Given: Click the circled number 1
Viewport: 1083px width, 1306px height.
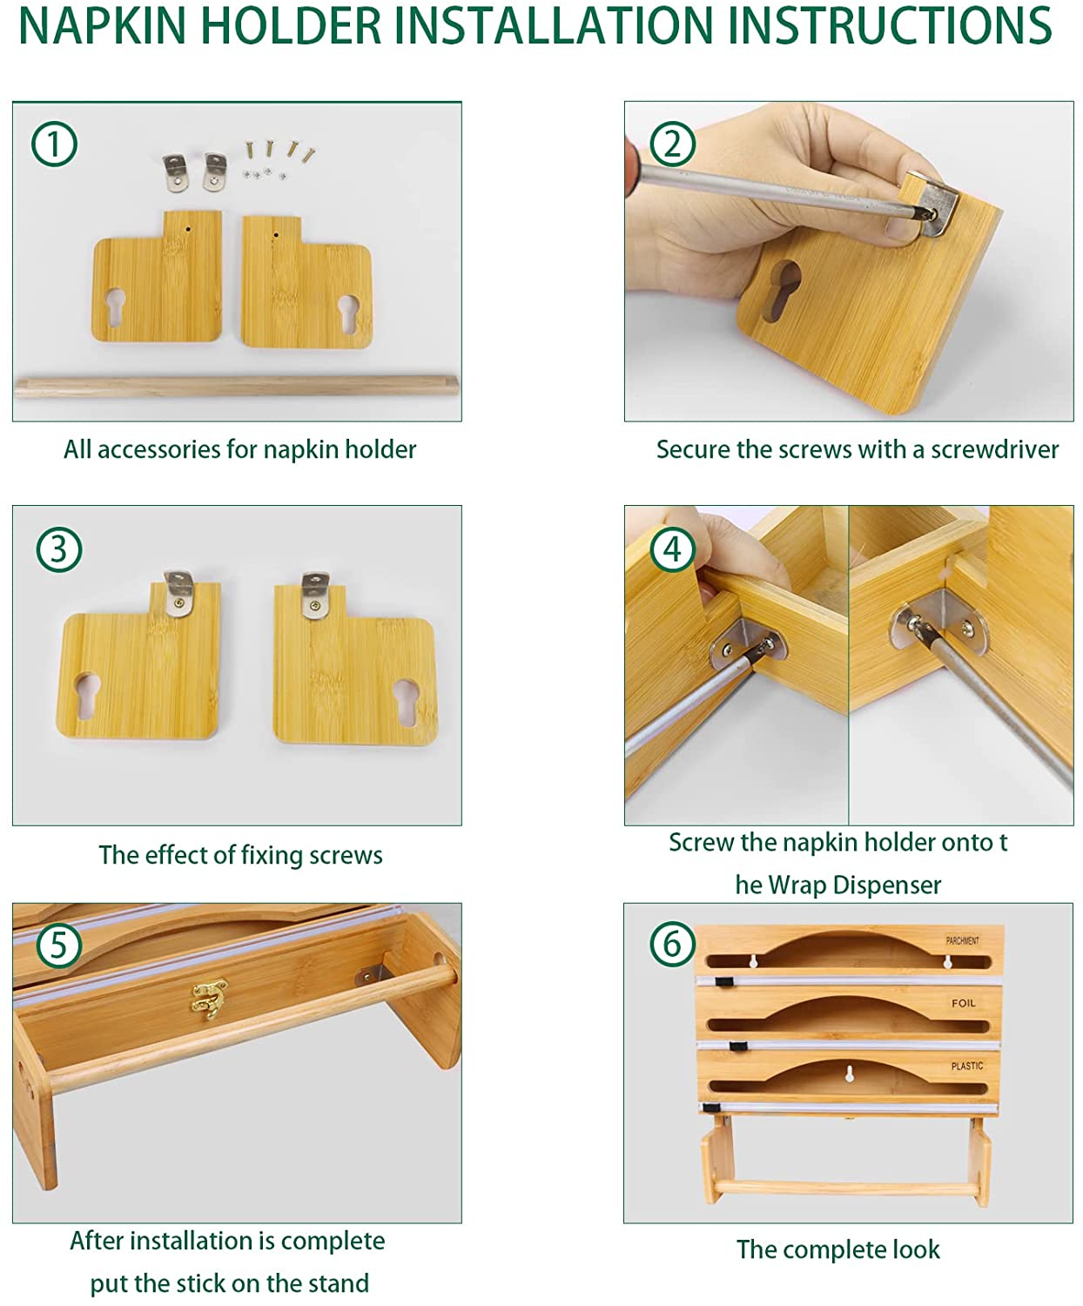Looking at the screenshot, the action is pyautogui.click(x=54, y=144).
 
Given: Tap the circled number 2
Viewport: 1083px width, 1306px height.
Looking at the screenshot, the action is pyautogui.click(x=672, y=144).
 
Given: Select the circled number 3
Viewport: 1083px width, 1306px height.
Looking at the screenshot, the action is pyautogui.click(x=59, y=549).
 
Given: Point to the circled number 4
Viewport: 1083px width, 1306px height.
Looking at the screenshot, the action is pyautogui.click(x=672, y=549).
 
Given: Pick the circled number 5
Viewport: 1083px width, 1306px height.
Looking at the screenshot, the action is pyautogui.click(x=59, y=945).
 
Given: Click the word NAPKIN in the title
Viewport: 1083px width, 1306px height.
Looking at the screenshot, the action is pyautogui.click(x=103, y=26).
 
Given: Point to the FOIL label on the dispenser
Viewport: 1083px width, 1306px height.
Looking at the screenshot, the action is pyautogui.click(x=963, y=1003).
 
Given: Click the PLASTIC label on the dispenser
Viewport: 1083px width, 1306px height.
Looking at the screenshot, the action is pyautogui.click(x=966, y=1066).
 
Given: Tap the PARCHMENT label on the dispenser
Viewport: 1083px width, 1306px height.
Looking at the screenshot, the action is pyautogui.click(x=962, y=940).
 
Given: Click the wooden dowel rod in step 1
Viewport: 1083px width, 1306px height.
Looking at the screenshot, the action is pyautogui.click(x=236, y=386).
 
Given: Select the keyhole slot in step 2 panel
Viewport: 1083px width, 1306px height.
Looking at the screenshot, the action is pyautogui.click(x=783, y=290).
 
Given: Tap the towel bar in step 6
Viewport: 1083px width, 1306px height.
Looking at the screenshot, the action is pyautogui.click(x=846, y=1187).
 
